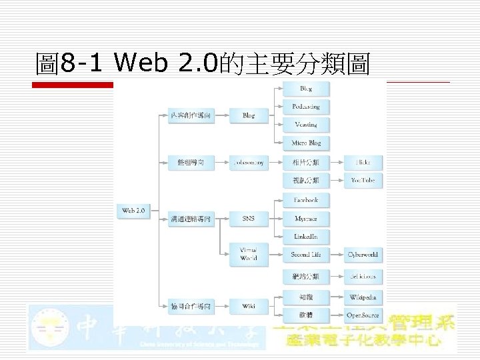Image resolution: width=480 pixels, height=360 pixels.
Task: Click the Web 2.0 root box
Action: (133, 211)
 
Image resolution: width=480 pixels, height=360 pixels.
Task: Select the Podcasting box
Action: (306, 107)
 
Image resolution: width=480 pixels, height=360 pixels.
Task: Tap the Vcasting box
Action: (306, 125)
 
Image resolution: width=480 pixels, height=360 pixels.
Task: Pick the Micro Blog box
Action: (306, 143)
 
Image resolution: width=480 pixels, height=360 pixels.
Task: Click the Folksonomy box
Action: (249, 162)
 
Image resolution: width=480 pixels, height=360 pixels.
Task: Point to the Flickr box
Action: (363, 162)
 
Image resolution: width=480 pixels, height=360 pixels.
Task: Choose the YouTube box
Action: (363, 180)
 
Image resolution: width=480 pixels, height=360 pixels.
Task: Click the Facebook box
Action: (306, 200)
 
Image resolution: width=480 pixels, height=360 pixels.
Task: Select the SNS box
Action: (249, 218)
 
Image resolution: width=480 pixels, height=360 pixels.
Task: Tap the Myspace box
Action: (306, 218)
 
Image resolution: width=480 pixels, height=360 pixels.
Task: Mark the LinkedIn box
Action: (306, 236)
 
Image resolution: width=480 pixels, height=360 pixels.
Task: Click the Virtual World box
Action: (249, 254)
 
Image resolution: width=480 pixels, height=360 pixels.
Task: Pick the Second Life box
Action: (306, 254)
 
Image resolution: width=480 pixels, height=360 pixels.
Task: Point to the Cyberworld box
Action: (363, 254)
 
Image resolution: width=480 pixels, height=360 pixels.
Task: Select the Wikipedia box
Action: (363, 297)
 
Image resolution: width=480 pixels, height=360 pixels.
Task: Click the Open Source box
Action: (363, 315)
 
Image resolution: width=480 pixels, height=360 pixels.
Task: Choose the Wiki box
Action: (249, 306)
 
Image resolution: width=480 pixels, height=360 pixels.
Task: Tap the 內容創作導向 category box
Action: (191, 115)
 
